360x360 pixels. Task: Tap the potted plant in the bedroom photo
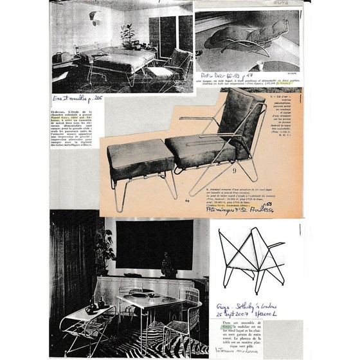[x=127, y=33]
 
